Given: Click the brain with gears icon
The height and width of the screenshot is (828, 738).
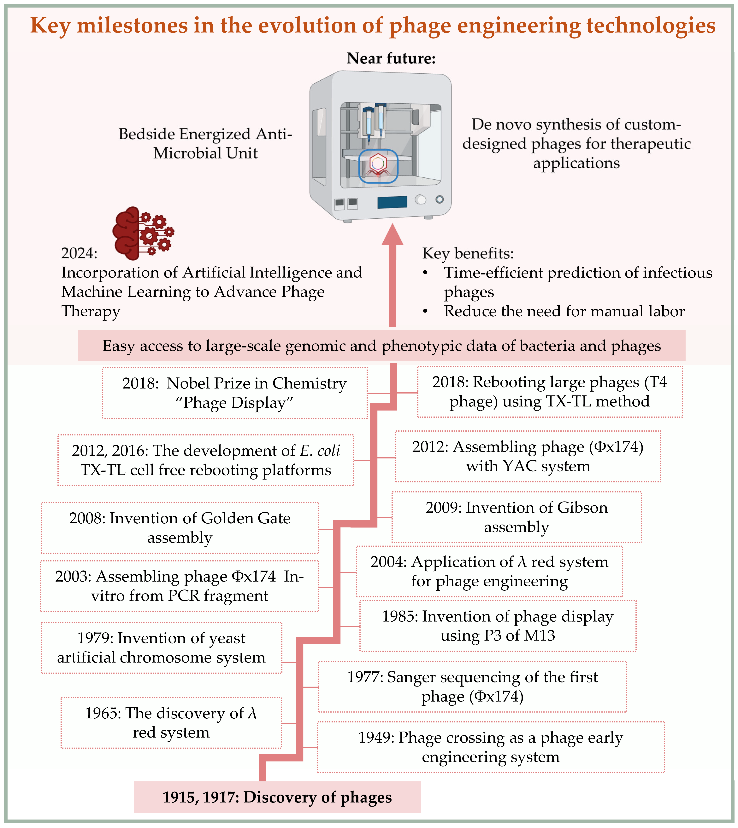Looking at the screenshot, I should (143, 233).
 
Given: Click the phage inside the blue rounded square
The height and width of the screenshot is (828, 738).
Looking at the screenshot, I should (378, 165).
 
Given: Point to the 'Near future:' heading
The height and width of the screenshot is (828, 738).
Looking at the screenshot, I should (391, 58).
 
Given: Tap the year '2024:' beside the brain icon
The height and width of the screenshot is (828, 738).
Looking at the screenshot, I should (79, 253).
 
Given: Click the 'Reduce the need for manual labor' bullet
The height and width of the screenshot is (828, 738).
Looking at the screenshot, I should (564, 311).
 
